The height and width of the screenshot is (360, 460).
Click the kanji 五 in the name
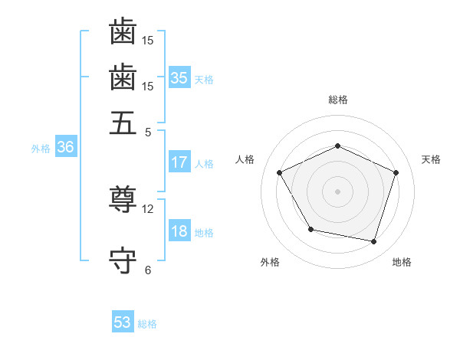[123, 123]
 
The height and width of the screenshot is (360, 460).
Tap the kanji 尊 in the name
[123, 201]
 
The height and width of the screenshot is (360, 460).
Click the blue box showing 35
[179, 78]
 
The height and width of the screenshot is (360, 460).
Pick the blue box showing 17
[179, 162]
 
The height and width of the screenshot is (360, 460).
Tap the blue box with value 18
[179, 231]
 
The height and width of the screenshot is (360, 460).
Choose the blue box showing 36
[64, 148]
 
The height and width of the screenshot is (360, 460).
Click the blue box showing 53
[122, 322]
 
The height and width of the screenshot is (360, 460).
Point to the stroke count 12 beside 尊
[148, 208]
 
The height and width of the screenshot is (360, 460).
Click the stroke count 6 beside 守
[148, 270]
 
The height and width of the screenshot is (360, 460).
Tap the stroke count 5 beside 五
[148, 131]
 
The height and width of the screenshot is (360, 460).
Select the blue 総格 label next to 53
[147, 324]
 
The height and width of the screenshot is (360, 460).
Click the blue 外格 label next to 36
[41, 149]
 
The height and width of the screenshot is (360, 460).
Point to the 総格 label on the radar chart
[338, 100]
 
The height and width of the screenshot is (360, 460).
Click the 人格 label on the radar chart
[245, 159]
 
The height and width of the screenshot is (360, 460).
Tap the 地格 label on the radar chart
[402, 262]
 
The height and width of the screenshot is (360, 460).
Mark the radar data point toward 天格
[396, 172]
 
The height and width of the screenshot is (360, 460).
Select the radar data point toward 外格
[310, 229]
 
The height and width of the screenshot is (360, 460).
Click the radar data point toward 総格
[337, 146]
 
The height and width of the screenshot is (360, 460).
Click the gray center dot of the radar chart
[337, 191]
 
